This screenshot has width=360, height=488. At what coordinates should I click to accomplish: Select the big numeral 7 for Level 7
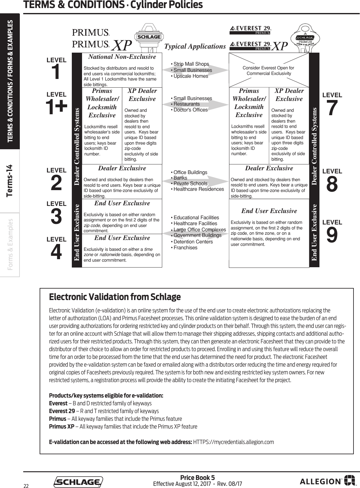[332, 108]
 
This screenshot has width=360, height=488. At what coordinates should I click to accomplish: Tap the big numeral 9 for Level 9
[332, 235]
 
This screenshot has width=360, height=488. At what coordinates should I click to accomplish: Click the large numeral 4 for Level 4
[56, 252]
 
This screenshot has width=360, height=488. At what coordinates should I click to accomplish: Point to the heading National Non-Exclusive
[122, 57]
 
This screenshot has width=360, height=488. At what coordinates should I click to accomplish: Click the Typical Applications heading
[195, 46]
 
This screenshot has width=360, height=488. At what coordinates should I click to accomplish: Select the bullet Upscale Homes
[191, 76]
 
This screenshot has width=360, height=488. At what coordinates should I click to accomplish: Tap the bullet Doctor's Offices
[190, 110]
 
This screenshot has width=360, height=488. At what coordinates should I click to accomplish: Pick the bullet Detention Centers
[193, 242]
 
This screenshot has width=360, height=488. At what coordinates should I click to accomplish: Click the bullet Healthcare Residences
[198, 189]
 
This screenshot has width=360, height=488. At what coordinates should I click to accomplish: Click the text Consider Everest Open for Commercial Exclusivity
[268, 71]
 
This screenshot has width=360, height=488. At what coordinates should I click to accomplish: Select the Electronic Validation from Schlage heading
[115, 297]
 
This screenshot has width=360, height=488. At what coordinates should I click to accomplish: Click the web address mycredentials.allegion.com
[233, 442]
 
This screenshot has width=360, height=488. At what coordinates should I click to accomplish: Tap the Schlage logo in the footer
[78, 482]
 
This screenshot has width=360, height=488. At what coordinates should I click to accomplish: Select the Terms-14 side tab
[10, 181]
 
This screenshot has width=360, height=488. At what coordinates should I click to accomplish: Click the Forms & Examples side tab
[10, 244]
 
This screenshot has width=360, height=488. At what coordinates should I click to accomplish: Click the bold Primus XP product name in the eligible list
[62, 426]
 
